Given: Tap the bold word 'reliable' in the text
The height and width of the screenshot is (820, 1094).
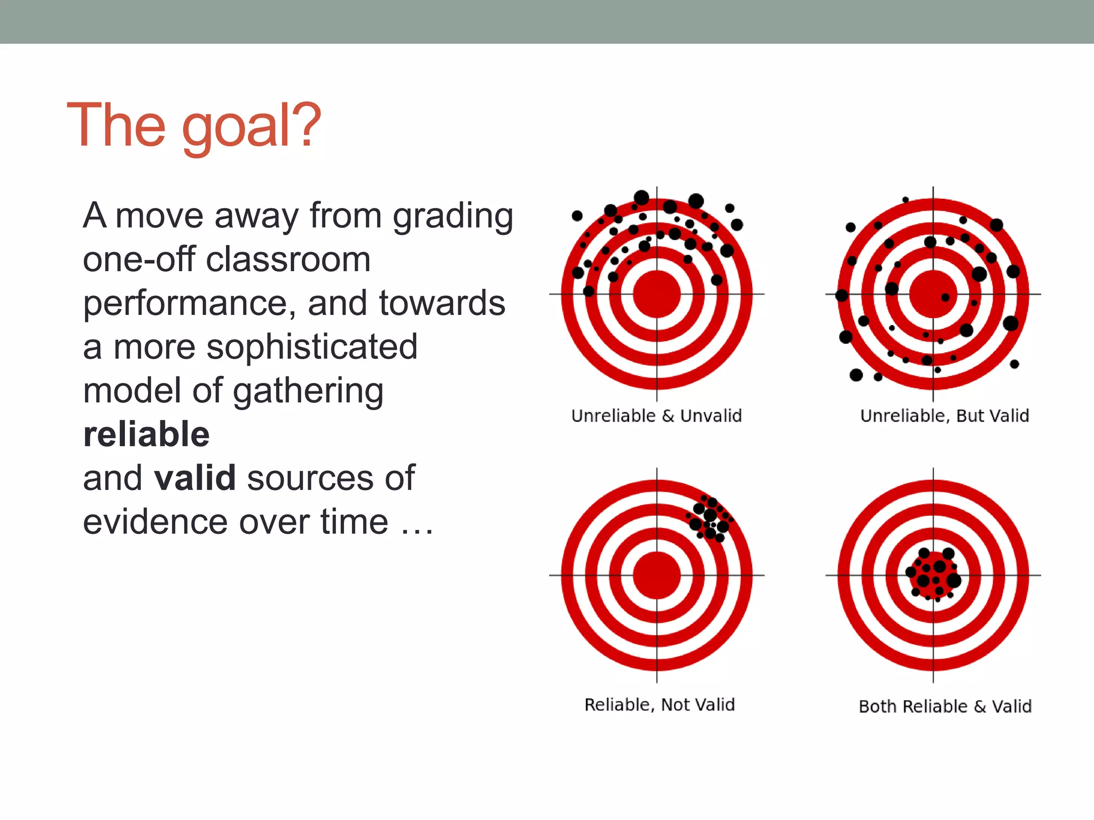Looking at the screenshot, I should [x=146, y=434].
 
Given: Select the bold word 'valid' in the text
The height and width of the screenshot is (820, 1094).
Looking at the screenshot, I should [x=195, y=478].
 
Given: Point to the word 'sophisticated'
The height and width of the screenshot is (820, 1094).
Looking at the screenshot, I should [x=312, y=347].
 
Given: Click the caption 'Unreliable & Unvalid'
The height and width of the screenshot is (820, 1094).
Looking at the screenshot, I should [x=657, y=415].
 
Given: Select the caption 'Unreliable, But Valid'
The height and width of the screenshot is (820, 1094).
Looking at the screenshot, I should [x=944, y=415].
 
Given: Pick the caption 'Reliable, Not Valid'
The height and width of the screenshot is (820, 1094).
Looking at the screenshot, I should [x=660, y=705].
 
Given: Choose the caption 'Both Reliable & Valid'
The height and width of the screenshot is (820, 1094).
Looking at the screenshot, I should [x=945, y=706].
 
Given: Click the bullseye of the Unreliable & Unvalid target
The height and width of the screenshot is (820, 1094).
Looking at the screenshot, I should [x=657, y=294].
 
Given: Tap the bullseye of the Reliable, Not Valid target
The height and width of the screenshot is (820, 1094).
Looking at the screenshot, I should [x=657, y=575].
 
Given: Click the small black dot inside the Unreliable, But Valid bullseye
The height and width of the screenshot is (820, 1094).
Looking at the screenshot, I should [x=945, y=297].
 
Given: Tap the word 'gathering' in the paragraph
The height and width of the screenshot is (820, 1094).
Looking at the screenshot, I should [x=308, y=391].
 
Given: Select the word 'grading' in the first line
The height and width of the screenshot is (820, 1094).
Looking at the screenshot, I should [x=453, y=216].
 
